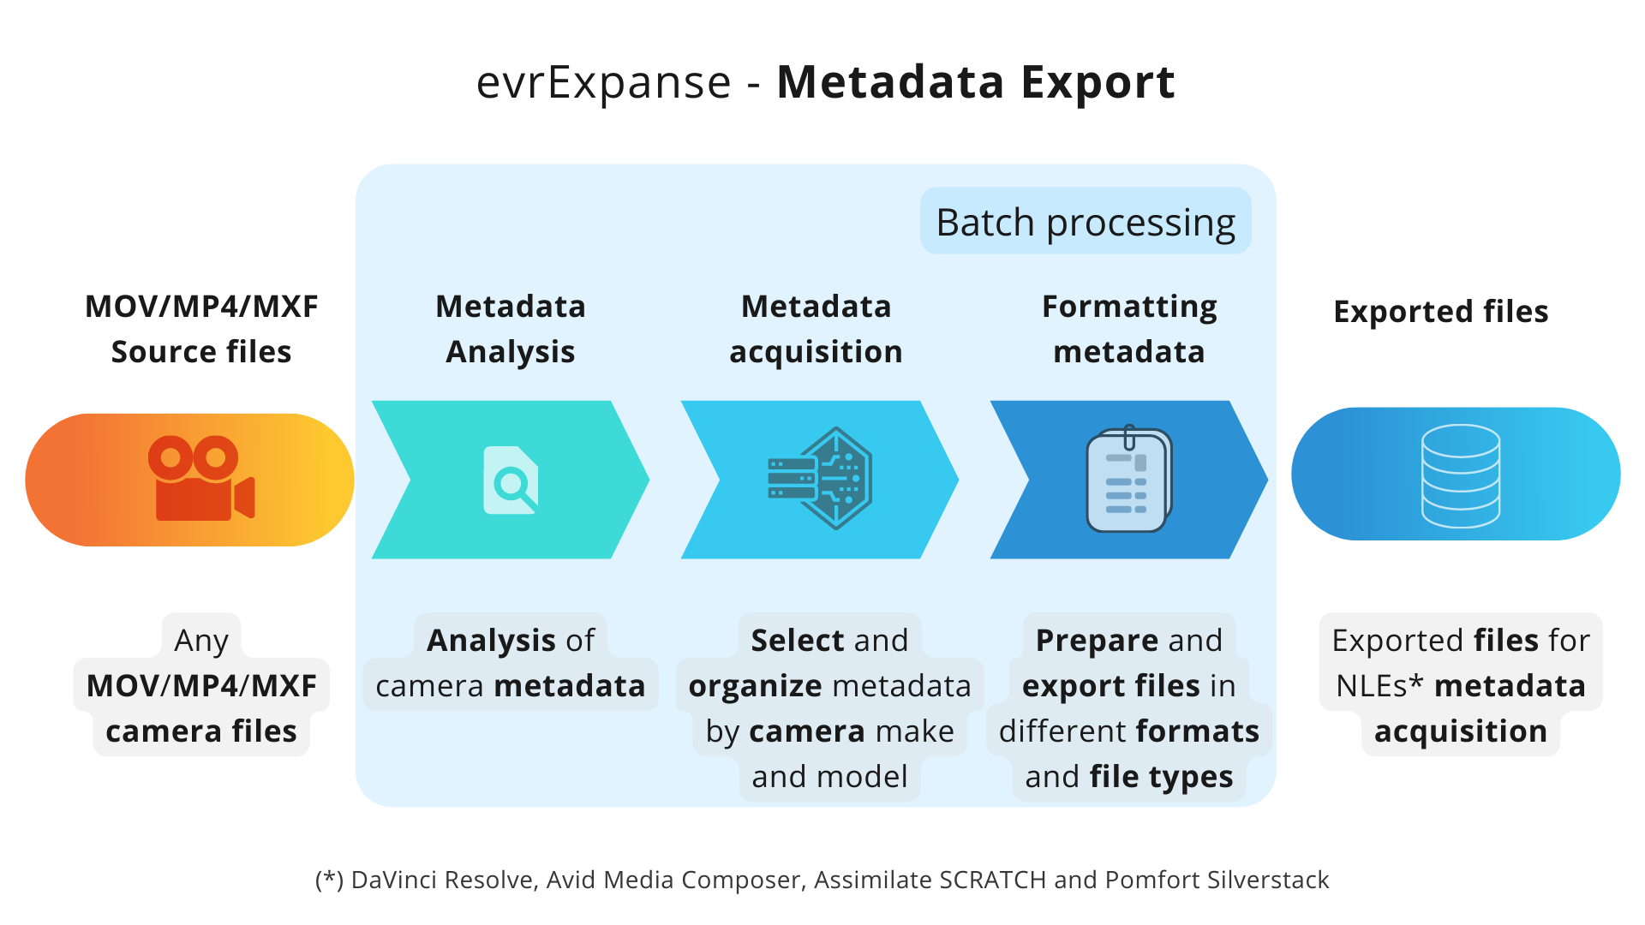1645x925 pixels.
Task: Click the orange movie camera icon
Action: (201, 479)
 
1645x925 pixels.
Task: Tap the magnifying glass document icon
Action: (511, 480)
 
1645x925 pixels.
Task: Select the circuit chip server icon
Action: (820, 479)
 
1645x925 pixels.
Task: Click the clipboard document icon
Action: (1129, 479)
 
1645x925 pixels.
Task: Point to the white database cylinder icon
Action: (1461, 475)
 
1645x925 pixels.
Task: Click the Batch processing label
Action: (1086, 222)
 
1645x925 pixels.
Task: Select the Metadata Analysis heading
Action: (511, 329)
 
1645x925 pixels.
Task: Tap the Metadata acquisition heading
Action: (817, 329)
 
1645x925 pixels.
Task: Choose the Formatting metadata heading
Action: (1129, 329)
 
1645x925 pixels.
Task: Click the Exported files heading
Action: (1441, 311)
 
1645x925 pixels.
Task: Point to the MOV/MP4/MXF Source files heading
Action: (201, 329)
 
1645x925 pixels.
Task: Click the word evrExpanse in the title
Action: (604, 82)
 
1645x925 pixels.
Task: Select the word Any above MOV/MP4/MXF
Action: (201, 641)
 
